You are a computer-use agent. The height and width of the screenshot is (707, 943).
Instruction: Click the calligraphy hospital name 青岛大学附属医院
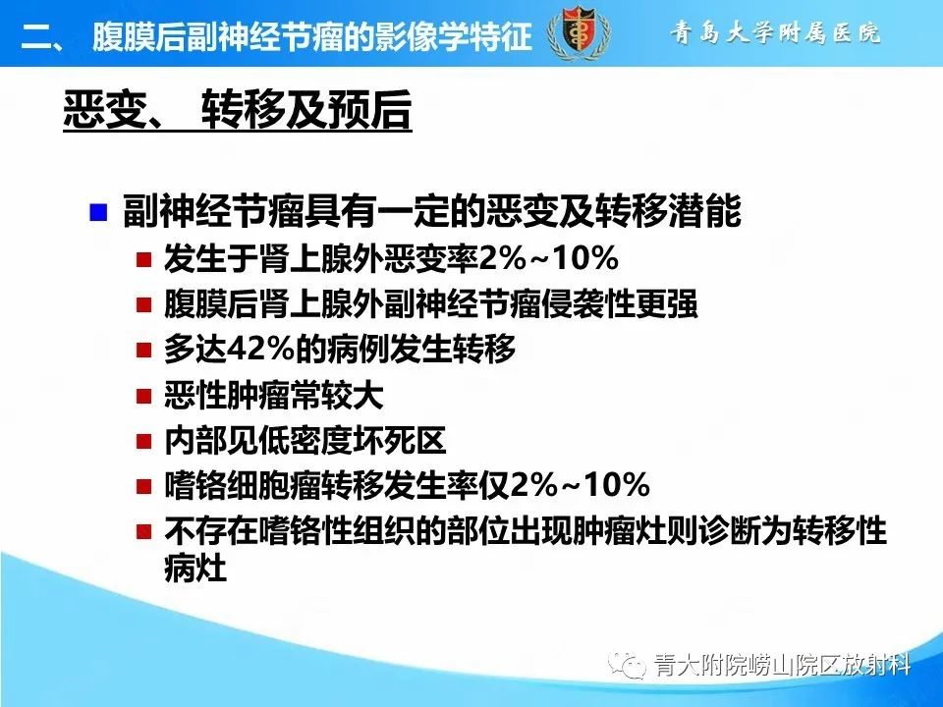click(x=775, y=32)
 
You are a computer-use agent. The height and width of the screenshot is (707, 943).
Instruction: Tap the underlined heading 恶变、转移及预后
click(x=237, y=111)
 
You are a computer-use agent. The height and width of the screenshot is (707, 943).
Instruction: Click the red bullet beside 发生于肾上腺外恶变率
click(x=143, y=261)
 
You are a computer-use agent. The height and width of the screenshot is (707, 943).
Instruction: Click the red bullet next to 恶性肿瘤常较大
click(x=143, y=398)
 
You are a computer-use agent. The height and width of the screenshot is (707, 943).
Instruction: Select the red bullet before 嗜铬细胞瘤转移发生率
click(x=143, y=487)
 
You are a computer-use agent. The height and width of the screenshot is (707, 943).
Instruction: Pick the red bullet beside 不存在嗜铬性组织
click(x=143, y=533)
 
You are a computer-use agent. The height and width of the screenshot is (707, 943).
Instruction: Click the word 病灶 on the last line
click(x=196, y=570)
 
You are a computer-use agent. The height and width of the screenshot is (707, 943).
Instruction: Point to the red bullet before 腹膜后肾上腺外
click(x=143, y=306)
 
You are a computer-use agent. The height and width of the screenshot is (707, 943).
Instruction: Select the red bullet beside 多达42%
click(x=143, y=352)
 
